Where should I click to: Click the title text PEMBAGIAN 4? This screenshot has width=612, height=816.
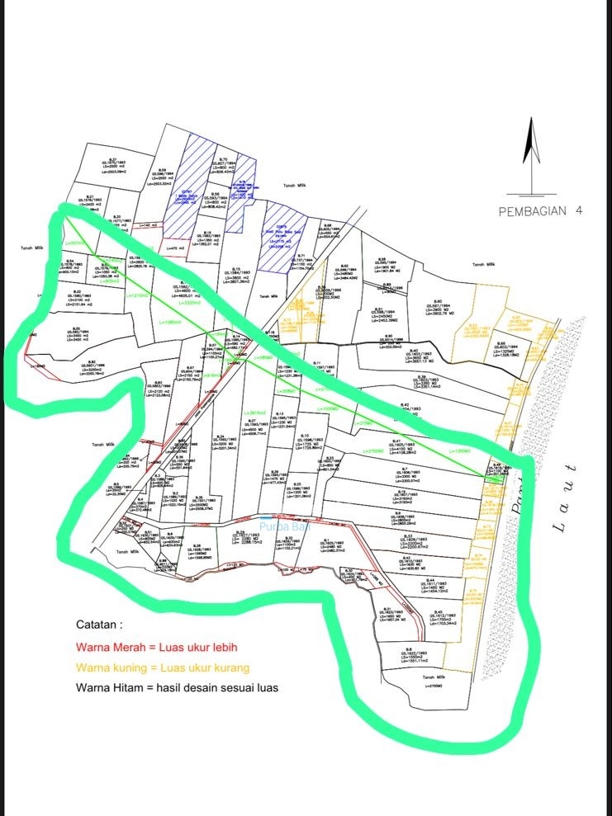point(541,211)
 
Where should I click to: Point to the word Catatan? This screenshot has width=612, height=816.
point(98,625)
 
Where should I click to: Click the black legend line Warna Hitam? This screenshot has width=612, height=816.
point(177,686)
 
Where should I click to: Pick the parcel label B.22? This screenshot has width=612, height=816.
point(77,292)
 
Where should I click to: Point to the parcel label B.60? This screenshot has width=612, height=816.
point(438,301)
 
